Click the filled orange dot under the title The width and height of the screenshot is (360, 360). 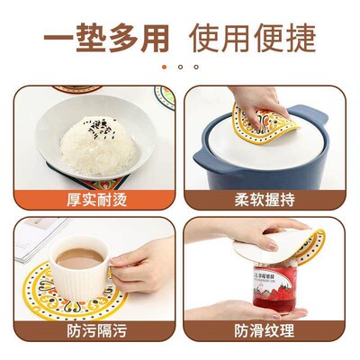(x=164, y=67)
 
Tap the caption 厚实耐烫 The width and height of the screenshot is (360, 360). (x=96, y=200)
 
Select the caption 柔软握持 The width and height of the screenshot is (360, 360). (x=265, y=200)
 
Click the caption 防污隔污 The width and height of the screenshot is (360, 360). (x=96, y=331)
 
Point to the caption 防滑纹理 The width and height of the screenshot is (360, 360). (x=265, y=331)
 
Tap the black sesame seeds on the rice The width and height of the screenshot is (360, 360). (x=100, y=128)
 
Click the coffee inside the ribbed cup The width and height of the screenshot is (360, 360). (x=79, y=258)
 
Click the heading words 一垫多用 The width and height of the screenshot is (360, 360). (x=106, y=38)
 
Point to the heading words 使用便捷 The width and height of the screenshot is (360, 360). (x=253, y=38)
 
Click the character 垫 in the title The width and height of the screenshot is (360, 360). (x=91, y=38)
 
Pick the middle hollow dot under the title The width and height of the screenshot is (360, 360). (x=180, y=67)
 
